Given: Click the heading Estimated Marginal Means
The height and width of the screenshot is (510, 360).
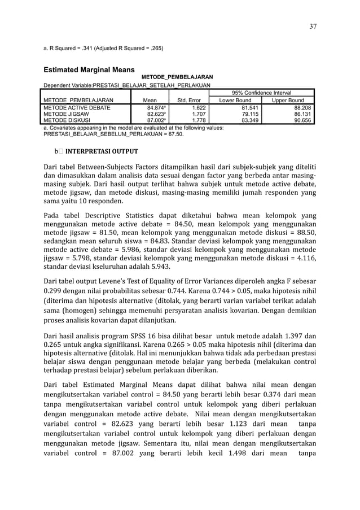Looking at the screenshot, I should click(x=85, y=70).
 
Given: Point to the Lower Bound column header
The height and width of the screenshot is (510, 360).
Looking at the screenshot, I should click(x=236, y=101).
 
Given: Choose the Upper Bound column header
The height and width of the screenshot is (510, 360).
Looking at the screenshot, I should click(x=288, y=101).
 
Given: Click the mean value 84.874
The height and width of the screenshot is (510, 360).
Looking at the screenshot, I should click(x=156, y=107).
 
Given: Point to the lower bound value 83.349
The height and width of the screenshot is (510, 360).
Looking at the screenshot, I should click(x=243, y=119).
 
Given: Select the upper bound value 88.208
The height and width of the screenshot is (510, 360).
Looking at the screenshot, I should click(x=302, y=107).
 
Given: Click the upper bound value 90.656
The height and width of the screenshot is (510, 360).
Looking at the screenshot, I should click(x=302, y=119).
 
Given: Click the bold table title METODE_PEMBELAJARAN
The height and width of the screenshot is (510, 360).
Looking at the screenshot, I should click(x=177, y=76).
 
